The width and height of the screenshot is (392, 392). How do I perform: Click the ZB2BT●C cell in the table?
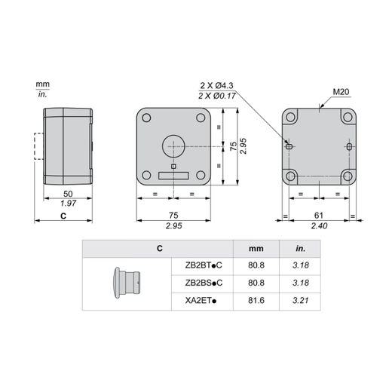tap(203, 264)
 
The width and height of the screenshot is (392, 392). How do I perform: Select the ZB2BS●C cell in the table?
tap(203, 282)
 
